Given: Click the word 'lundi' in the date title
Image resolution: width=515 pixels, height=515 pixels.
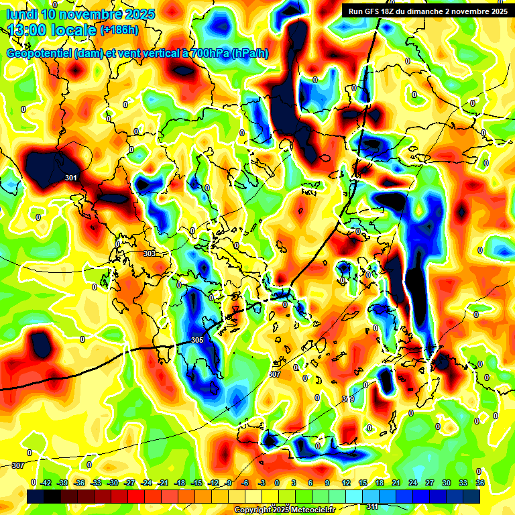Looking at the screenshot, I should point(21,14).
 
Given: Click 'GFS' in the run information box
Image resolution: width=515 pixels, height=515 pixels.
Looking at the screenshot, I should point(377,11).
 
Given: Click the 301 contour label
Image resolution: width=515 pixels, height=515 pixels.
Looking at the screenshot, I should point(71,178).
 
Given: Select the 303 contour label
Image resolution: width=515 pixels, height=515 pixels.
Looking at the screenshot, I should point(150,253).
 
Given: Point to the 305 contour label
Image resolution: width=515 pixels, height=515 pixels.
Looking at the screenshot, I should point(196,341).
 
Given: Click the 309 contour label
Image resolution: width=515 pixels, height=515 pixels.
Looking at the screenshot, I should point(348,399).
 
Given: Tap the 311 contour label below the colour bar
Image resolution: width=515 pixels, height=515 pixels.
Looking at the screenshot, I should point(371,506).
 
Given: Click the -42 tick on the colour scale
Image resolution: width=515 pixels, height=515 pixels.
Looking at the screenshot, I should point(46,482).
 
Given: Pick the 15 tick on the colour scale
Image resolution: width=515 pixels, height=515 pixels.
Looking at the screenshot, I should point(363,482).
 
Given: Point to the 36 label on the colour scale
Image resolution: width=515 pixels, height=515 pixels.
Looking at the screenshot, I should point(480,482).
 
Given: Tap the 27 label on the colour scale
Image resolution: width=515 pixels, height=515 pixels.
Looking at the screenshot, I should point(430,482).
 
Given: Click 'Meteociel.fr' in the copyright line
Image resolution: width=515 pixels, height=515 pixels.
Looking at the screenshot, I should point(312,510).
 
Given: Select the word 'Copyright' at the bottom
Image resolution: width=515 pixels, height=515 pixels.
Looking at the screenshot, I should point(252,510).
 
